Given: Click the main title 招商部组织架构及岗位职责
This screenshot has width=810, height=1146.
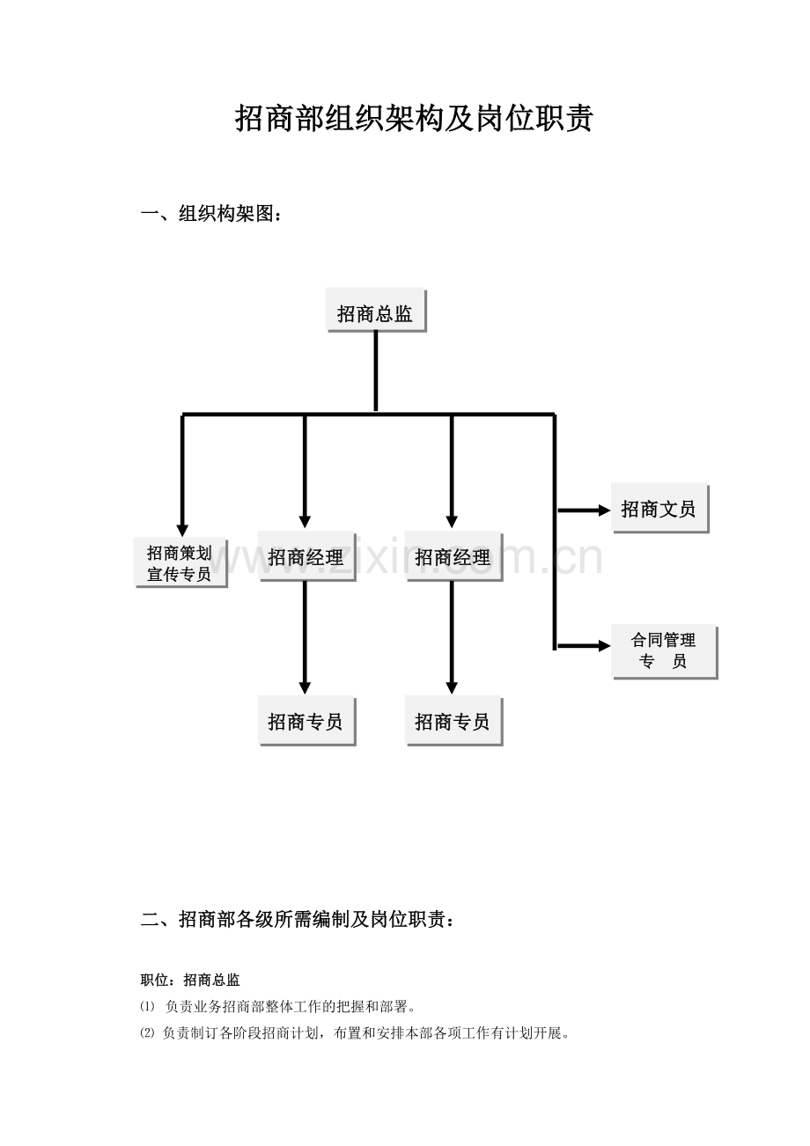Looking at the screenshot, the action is click(x=414, y=119).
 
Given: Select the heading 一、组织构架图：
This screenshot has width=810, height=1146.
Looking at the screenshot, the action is click(x=211, y=214).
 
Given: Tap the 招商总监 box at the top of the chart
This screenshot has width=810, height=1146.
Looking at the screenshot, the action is click(x=376, y=310).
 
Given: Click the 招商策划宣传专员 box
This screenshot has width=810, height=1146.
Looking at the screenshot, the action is click(x=180, y=562).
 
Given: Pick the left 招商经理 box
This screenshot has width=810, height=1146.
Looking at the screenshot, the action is click(x=306, y=556).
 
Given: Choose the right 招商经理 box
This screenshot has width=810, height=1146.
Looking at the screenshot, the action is click(x=453, y=556).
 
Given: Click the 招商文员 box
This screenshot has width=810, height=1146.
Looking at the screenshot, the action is click(x=659, y=508).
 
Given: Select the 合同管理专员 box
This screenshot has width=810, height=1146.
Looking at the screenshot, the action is click(x=664, y=652).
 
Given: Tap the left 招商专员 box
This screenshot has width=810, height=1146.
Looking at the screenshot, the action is click(x=306, y=721).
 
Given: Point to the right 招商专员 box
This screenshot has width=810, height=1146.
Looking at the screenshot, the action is click(x=453, y=721).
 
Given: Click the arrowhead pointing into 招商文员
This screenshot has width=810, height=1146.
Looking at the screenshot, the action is click(x=604, y=511).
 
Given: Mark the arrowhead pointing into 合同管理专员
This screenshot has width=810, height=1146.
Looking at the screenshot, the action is click(x=604, y=646).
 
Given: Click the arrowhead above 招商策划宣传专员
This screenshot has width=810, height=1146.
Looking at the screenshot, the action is click(x=182, y=531).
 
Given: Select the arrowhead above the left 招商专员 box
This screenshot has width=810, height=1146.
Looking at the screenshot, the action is click(x=305, y=688).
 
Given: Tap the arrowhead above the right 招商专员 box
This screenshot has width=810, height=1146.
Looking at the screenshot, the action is click(x=452, y=688).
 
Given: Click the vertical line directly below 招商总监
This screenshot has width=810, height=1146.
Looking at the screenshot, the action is click(x=376, y=371).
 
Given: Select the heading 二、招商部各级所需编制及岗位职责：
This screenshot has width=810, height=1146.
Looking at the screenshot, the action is click(x=298, y=920).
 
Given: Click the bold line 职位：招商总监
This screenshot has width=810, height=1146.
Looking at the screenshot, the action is click(x=190, y=981).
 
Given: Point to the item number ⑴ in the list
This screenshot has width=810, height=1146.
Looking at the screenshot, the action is click(x=147, y=1007).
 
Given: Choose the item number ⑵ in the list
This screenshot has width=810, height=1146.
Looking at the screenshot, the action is click(x=147, y=1034).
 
